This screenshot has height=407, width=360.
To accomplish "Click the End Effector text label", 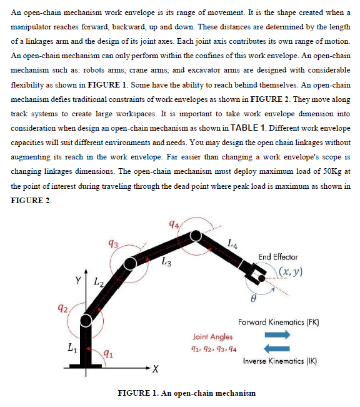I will pos(277,257).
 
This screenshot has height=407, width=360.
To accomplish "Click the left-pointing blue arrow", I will pos(277,349).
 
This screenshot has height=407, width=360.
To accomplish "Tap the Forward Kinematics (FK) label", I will pos(279,323).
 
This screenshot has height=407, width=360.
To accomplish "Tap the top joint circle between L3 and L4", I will pos(196,235).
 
